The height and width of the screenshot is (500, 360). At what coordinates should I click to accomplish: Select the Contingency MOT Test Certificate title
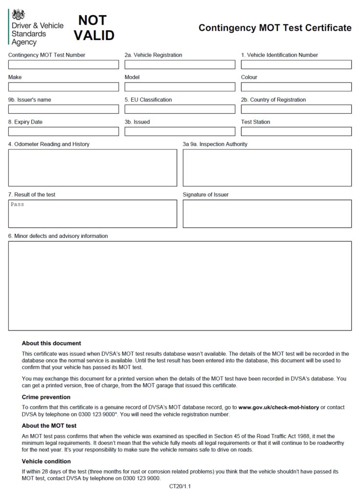pos(275,28)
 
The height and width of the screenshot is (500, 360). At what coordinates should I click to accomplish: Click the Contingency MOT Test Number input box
pos(63,64)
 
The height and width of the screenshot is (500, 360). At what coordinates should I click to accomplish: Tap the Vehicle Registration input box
pos(180,64)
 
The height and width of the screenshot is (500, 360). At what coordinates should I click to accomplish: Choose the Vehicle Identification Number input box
pos(296,64)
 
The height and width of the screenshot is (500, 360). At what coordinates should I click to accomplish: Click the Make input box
pos(63,87)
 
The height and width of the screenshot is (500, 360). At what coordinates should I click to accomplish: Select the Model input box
pos(180,87)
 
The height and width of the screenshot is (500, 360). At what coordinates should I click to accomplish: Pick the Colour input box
pos(296,87)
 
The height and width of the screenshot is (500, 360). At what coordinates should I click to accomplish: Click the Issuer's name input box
pos(63,109)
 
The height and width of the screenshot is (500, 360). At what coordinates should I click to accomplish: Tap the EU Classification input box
pos(180,109)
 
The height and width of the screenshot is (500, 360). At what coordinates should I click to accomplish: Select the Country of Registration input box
pos(296,109)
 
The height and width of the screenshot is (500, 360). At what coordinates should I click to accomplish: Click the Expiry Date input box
pos(63,131)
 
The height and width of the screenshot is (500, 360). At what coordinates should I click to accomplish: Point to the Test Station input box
pos(296,131)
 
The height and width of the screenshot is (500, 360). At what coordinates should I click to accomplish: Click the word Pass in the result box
pos(18,205)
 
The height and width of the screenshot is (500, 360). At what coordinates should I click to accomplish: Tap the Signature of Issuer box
pos(267,213)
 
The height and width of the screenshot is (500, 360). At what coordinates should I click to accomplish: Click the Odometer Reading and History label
pos(49,144)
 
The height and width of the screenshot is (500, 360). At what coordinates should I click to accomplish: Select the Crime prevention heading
pos(46,397)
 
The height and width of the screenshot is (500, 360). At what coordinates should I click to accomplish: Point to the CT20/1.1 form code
pos(180,486)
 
